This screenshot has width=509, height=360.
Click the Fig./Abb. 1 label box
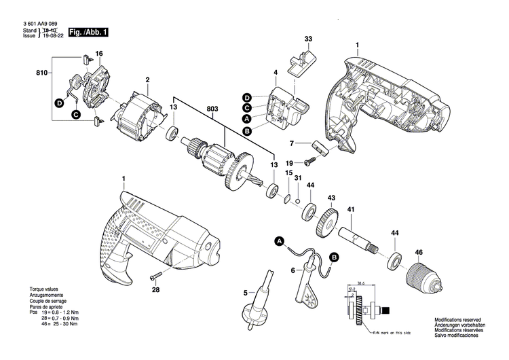[x=88, y=32]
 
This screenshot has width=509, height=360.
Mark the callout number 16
[x=99, y=54]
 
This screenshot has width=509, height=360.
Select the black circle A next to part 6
[x=278, y=241]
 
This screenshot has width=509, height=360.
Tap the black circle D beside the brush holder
[x=59, y=103]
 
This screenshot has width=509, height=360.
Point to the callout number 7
[x=291, y=144]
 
